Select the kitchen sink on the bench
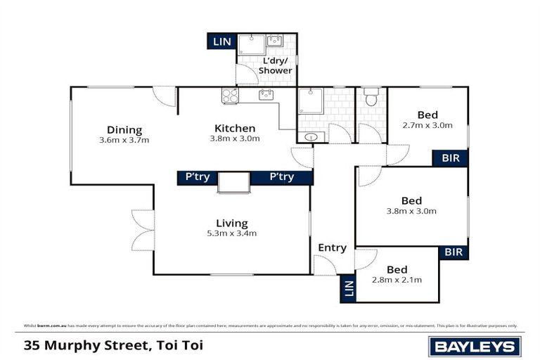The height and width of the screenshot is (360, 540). [x=266, y=95]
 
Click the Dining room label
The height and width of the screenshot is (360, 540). [x=124, y=129]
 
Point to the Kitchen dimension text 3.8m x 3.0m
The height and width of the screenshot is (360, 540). [x=235, y=139]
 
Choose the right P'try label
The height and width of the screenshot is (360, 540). [x=281, y=177]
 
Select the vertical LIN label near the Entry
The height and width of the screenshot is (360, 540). [x=347, y=288]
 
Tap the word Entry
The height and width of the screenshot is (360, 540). [x=332, y=247]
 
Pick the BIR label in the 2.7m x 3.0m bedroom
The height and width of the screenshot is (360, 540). [x=450, y=158]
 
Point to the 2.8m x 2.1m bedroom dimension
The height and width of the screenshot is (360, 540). [x=397, y=280]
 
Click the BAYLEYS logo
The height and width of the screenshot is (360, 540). [x=475, y=346]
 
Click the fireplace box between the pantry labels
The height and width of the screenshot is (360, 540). [x=234, y=181]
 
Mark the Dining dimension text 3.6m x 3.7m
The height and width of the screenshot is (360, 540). [x=124, y=140]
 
